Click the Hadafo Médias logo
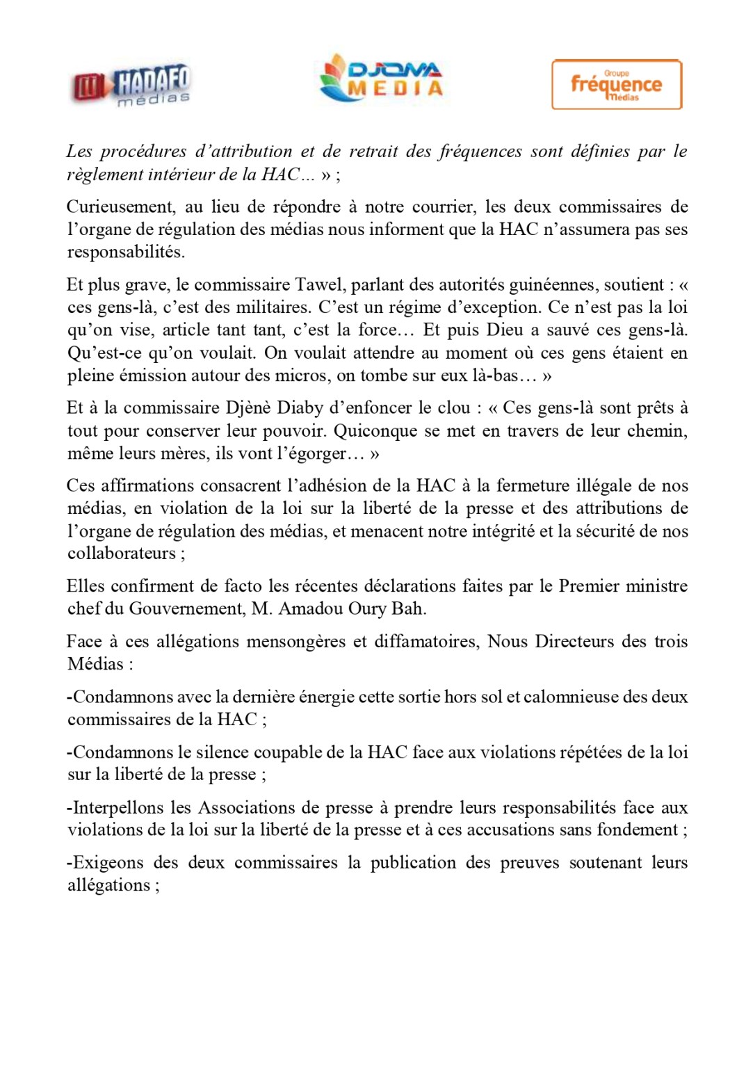coord(131,86)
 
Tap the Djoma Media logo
coord(381,78)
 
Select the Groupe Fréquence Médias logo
coord(616,84)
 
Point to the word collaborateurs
coord(122,553)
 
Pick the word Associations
coord(247,807)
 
